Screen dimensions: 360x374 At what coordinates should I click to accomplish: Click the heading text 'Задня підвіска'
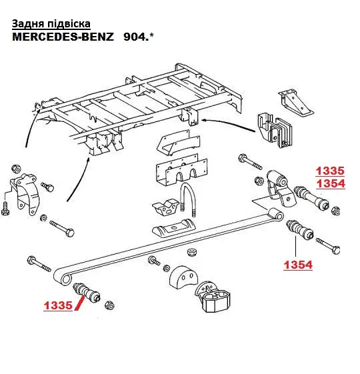click(x=51, y=23)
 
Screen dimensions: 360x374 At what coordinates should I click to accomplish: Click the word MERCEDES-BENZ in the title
click(x=63, y=37)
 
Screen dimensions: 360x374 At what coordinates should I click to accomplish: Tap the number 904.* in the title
click(x=139, y=37)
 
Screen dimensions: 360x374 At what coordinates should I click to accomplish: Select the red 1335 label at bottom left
click(x=58, y=305)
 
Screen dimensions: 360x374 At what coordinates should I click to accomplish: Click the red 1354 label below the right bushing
click(x=298, y=265)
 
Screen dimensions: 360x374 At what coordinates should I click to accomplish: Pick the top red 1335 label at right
click(x=330, y=171)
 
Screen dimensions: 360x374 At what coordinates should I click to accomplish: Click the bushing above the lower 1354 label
click(x=299, y=229)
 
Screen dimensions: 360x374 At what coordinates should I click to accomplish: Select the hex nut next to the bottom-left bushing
click(x=109, y=305)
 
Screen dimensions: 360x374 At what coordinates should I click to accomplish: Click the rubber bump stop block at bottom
click(x=213, y=297)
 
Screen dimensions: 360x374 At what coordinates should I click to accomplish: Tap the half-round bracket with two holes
click(x=183, y=277)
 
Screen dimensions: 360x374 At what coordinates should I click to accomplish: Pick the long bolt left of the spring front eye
click(x=39, y=263)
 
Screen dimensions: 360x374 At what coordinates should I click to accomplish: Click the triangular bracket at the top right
click(x=295, y=102)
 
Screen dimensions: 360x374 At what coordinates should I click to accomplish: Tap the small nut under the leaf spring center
click(x=191, y=252)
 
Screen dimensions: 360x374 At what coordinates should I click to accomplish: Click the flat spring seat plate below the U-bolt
click(x=174, y=227)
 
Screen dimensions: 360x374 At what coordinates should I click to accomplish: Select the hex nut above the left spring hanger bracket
click(x=16, y=169)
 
